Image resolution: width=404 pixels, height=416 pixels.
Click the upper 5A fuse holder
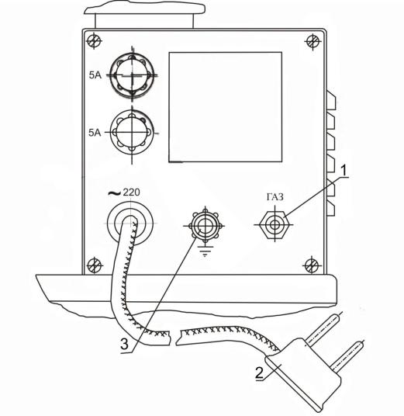click(x=132, y=75)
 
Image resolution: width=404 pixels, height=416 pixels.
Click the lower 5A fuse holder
click(x=132, y=132)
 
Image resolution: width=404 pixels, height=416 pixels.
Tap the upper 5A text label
click(x=95, y=75)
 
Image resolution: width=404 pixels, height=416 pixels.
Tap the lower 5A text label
click(x=95, y=133)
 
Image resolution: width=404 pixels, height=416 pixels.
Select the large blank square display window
click(x=226, y=107)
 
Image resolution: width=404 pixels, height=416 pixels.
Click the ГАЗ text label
click(x=275, y=197)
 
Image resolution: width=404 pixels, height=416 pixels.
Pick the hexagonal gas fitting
click(x=275, y=225)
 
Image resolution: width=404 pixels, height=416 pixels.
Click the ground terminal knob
click(x=205, y=226)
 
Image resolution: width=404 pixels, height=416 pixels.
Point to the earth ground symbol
click(x=205, y=251)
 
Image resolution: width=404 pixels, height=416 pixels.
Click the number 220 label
click(x=131, y=192)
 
